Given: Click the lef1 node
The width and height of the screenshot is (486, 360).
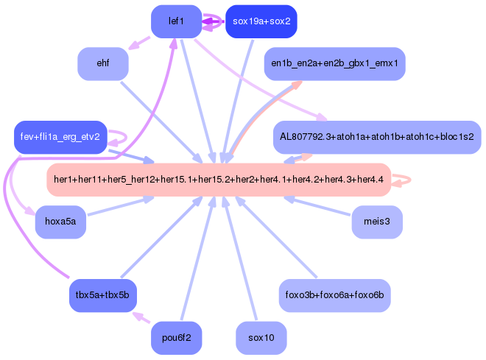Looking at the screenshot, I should (176, 21).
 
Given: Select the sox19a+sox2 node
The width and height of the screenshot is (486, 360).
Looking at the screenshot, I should (261, 21).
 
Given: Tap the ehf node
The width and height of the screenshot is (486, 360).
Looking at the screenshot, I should (103, 64).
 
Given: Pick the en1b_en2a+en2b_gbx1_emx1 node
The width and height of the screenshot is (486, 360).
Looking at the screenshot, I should (334, 64).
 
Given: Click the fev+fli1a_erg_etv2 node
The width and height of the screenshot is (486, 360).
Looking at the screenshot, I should (60, 138).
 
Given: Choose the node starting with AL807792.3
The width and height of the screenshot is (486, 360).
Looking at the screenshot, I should (376, 138).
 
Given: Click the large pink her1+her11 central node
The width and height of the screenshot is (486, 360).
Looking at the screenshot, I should (219, 180).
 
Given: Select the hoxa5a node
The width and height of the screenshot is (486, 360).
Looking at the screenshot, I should (61, 222).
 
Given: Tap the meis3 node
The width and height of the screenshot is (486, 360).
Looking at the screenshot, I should (377, 222).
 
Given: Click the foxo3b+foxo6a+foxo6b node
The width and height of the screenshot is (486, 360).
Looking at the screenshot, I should (335, 295).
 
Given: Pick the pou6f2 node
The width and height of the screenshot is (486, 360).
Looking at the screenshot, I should (176, 338).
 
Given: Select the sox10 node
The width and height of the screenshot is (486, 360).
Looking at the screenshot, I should (261, 338).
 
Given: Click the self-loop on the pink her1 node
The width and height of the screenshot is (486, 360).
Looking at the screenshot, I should (404, 180).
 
